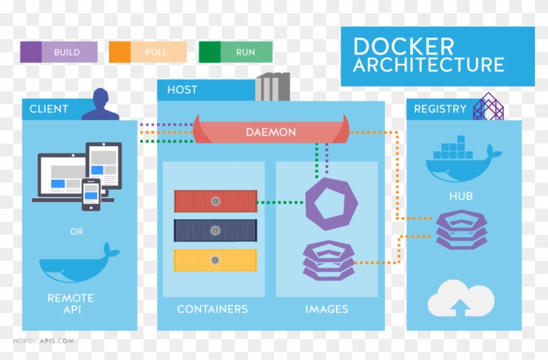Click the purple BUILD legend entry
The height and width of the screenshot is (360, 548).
coord(59,52)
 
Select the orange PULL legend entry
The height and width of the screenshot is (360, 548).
coord(147,52)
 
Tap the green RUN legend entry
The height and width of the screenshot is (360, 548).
coord(236,52)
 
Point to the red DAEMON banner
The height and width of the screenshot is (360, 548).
coord(271,132)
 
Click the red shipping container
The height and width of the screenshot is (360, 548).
coord(215,201)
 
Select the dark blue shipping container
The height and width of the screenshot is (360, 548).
coord(215,230)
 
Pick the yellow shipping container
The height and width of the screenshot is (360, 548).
coord(215,260)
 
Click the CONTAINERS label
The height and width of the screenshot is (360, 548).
coord(212,309)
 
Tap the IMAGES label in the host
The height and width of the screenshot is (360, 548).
coord(327,309)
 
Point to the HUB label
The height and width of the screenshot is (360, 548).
coord(461,196)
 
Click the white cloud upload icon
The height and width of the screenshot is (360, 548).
coord(461,300)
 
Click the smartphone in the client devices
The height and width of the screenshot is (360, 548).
coord(91,194)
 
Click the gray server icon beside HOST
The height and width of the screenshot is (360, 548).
coord(272,86)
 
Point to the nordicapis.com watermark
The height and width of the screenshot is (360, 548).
coord(44,341)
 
